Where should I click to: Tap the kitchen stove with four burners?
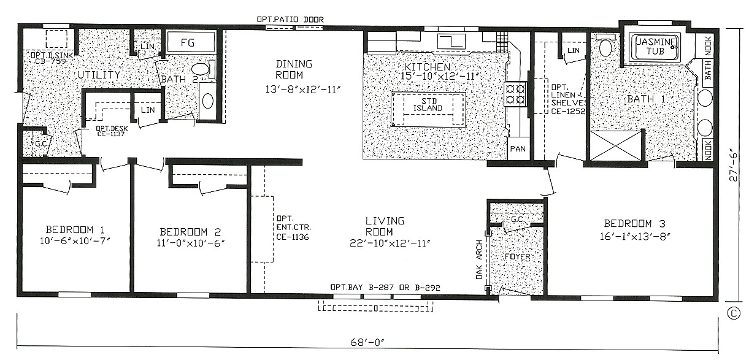(x=515, y=94)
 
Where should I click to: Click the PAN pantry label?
(x=518, y=149)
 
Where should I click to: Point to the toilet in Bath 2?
(x=200, y=69)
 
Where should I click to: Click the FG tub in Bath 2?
(x=191, y=43)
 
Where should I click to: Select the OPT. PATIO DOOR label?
(x=290, y=20)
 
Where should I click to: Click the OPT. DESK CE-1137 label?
(x=110, y=131)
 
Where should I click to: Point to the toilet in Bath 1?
(x=605, y=47)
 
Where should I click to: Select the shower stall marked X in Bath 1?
(x=615, y=145)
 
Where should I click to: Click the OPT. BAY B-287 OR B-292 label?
(x=385, y=287)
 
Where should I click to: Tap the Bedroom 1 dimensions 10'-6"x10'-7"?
(x=71, y=241)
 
